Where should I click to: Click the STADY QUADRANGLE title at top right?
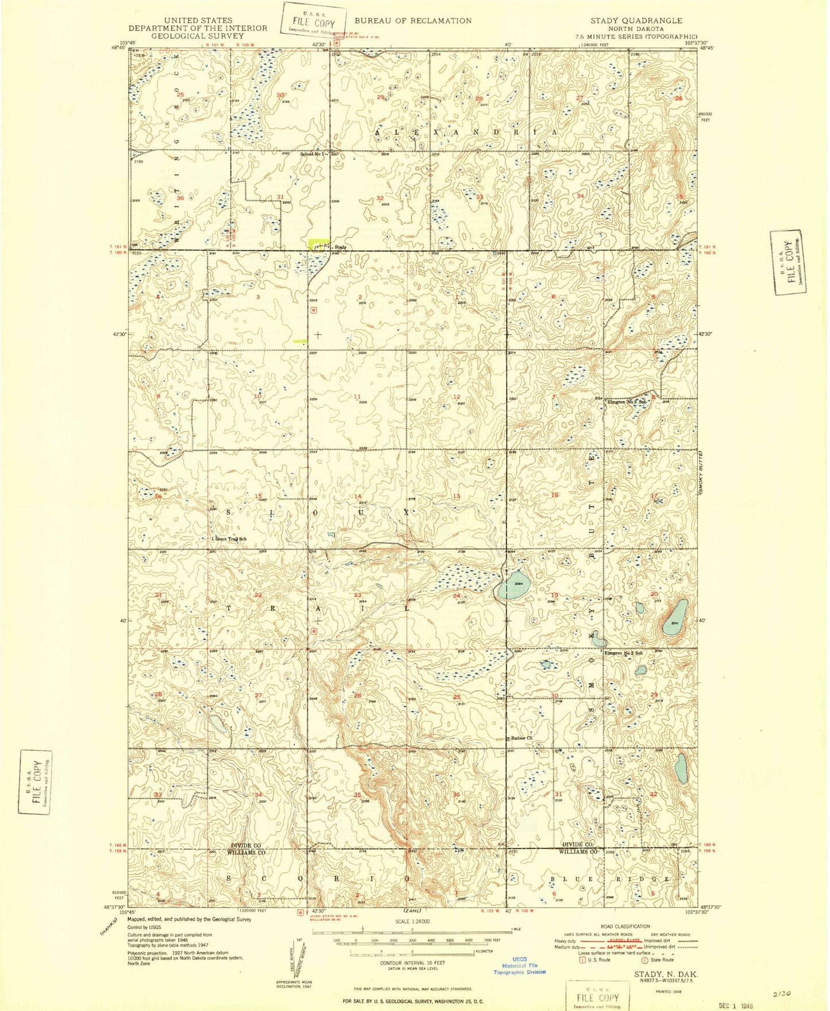point(636,21)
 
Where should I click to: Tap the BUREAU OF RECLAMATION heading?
point(412,21)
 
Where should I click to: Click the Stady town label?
point(340,247)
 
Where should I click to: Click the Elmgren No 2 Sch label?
point(623,653)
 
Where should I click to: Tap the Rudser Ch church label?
point(523,738)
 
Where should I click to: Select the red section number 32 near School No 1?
point(380,198)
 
